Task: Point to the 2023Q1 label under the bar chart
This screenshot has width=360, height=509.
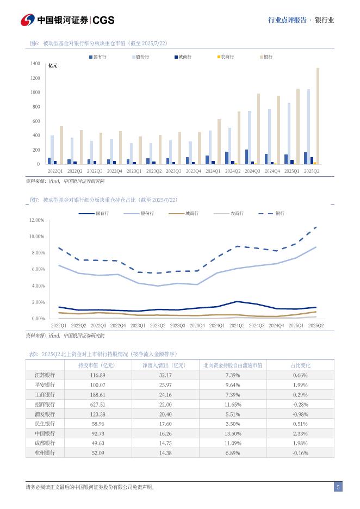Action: [134, 171]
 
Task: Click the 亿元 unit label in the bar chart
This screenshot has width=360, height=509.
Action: [53, 66]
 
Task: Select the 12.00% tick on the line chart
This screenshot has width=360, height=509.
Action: [36, 220]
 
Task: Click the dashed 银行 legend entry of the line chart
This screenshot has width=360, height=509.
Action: [274, 214]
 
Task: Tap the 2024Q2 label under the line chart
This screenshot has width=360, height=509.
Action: [237, 325]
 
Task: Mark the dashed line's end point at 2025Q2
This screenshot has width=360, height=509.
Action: [316, 227]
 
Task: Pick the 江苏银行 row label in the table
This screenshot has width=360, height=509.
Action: [45, 375]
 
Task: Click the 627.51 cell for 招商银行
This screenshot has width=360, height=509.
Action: [98, 404]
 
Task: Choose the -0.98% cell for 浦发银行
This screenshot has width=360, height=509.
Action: [300, 414]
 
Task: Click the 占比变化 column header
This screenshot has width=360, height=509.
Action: [300, 365]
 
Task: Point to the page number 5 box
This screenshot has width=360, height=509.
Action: [338, 487]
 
